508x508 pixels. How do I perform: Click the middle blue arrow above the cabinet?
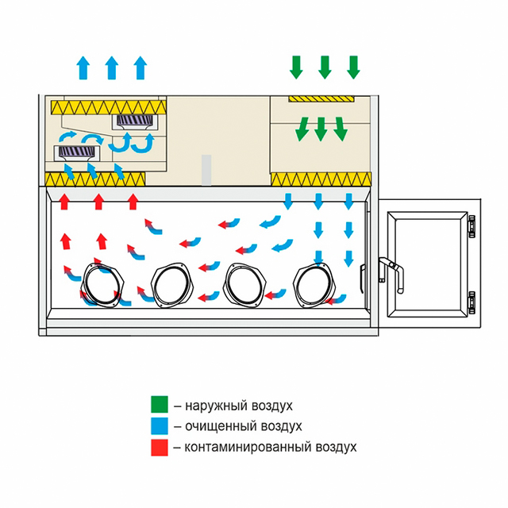[112, 67]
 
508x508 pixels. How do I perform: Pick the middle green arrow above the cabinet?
[325, 67]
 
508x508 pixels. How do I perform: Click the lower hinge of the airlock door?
[472, 301]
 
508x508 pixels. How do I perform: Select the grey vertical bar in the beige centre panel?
[206, 169]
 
